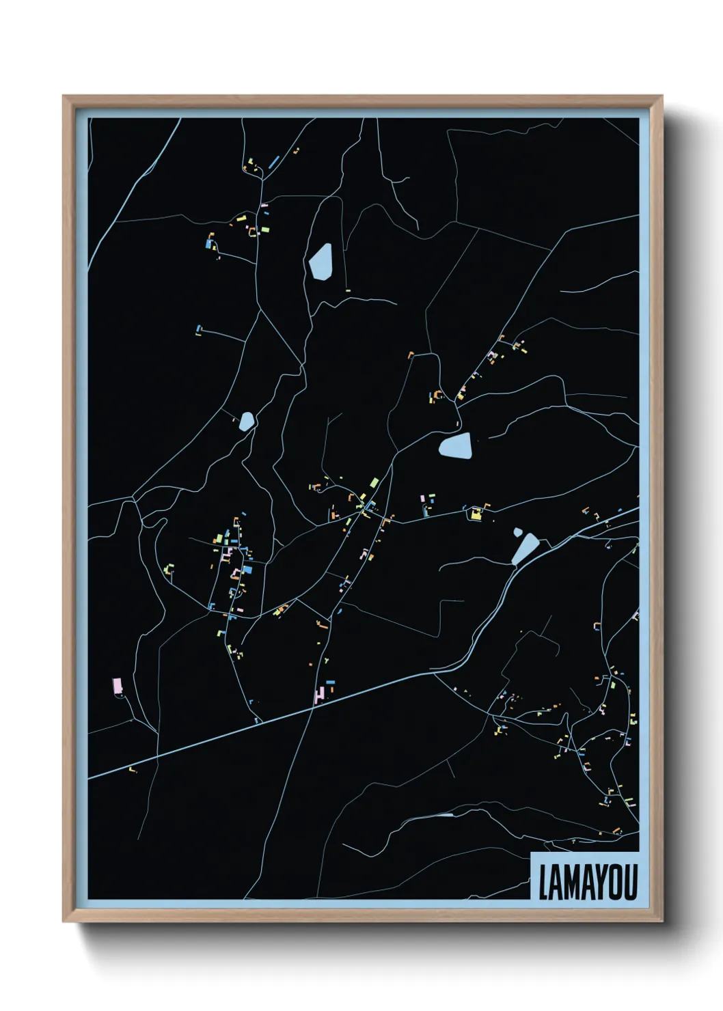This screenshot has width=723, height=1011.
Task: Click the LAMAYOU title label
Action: pyautogui.click(x=587, y=882)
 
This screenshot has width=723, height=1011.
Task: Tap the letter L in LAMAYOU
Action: pyautogui.click(x=543, y=883)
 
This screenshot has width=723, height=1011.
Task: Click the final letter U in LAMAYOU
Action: pyautogui.click(x=631, y=883)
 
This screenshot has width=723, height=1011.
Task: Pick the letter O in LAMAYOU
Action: pyautogui.click(x=617, y=883)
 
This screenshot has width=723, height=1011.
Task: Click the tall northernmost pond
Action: pyautogui.click(x=320, y=261)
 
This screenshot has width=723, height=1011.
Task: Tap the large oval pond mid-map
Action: pyautogui.click(x=456, y=446)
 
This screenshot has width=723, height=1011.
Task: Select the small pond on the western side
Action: pyautogui.click(x=246, y=421)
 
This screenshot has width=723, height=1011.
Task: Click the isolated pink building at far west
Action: pyautogui.click(x=117, y=685)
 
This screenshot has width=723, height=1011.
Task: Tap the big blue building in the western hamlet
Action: pyautogui.click(x=247, y=568)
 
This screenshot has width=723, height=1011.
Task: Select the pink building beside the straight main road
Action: pyautogui.click(x=318, y=695)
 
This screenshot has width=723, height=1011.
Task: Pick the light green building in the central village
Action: pyautogui.click(x=374, y=483)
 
